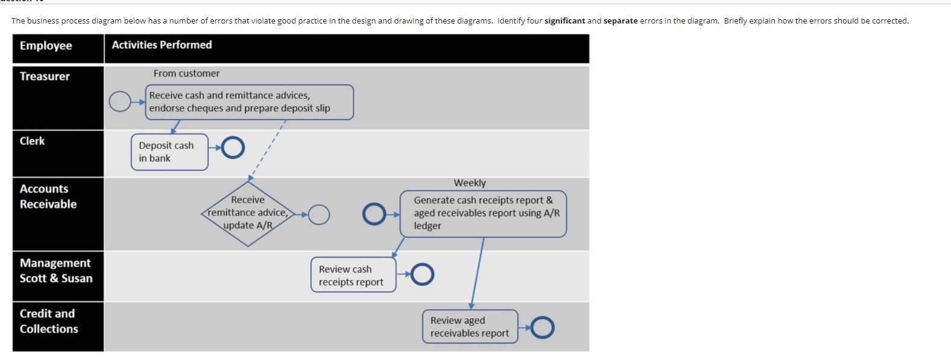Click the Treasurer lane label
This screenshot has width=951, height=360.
45,77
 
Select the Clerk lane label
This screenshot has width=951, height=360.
32,141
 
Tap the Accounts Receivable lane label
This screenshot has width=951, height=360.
48,197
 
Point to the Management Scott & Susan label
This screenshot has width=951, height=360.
55,271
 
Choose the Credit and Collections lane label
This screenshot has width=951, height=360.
49,321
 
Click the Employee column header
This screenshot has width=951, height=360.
46,46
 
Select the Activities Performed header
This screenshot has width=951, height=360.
162,45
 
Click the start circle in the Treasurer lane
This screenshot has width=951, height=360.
119,102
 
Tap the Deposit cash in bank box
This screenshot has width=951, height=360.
169,152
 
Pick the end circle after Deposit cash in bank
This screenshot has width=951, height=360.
233,147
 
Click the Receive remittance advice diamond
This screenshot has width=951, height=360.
248,213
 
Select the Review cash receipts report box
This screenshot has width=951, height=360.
353,276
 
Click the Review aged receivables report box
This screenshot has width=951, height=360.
470,327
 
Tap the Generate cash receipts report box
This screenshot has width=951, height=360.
483,213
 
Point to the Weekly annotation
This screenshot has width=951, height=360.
470,183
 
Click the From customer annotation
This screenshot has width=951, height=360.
186,74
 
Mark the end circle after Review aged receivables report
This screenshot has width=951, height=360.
542,327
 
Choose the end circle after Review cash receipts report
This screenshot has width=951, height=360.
422,274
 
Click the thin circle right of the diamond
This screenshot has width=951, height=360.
319,214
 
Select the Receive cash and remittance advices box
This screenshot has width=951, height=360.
249,102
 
